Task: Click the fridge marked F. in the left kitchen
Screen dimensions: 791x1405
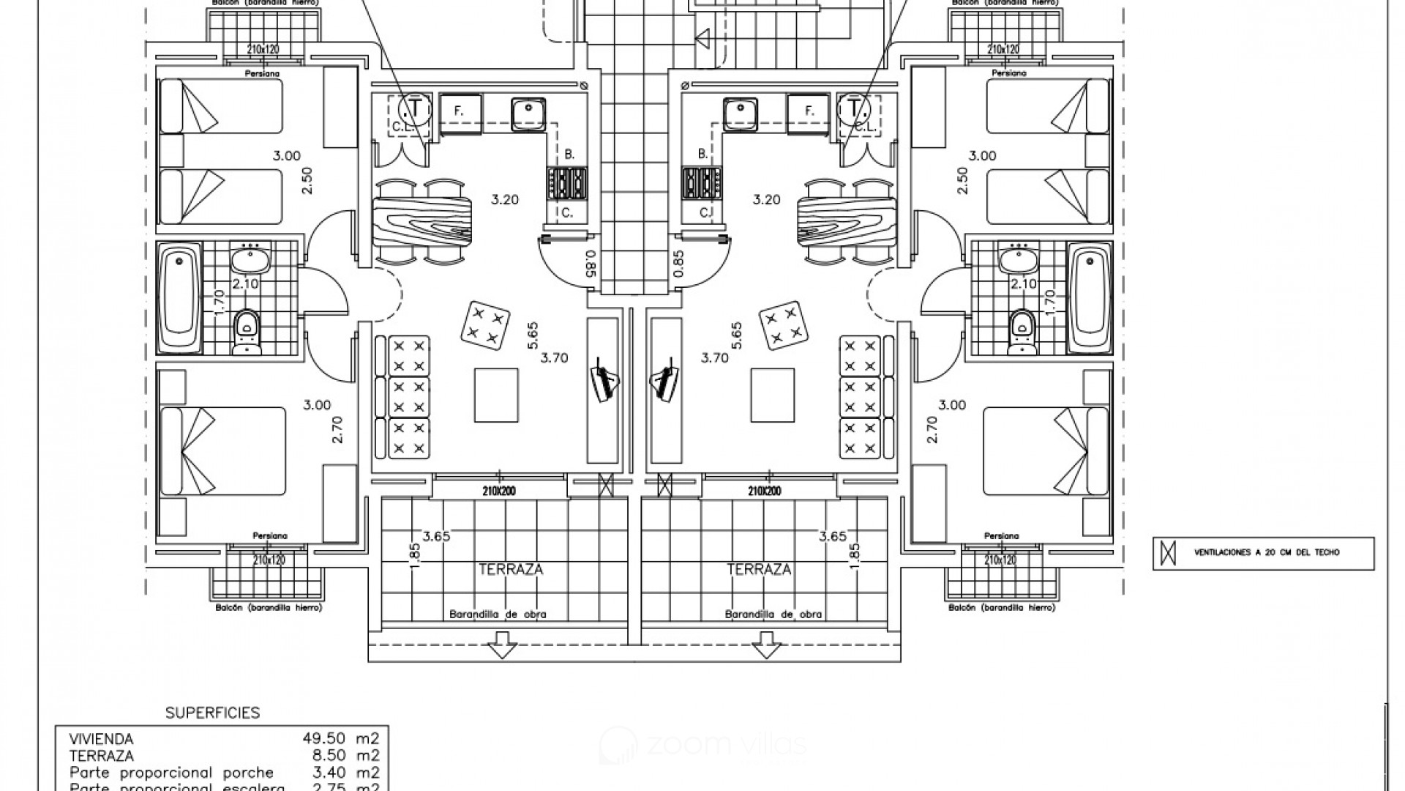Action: click(460, 111)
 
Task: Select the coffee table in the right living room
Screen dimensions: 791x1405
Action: click(773, 395)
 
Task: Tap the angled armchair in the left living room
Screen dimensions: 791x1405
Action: click(486, 324)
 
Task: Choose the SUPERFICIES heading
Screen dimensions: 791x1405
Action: click(212, 713)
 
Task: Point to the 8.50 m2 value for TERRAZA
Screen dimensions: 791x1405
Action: click(346, 755)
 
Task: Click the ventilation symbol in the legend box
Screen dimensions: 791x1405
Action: click(1169, 553)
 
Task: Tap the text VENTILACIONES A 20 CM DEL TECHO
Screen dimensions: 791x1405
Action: click(1266, 552)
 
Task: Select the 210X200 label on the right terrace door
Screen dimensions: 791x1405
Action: click(764, 491)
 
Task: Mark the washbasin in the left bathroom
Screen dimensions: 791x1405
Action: click(250, 259)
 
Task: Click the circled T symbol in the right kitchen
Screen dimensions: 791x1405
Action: click(855, 108)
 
